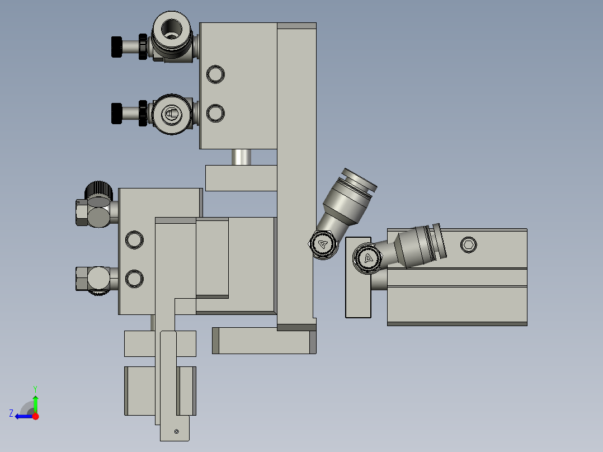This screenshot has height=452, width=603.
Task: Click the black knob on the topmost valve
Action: click(x=116, y=46)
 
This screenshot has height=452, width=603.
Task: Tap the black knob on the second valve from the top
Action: click(x=116, y=114)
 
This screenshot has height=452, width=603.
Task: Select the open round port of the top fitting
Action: click(x=172, y=29)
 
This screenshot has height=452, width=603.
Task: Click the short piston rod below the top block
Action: click(x=242, y=157)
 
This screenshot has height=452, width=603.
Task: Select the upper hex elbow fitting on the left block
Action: click(x=92, y=212)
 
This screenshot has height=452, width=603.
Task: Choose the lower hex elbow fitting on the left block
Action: click(x=92, y=278)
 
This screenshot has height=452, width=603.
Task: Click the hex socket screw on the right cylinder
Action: click(x=469, y=244)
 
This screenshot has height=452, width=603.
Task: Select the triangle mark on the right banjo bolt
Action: click(x=368, y=258)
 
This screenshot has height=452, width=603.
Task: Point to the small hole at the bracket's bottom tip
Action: click(x=176, y=431)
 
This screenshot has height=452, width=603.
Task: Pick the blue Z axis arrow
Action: click(x=22, y=416)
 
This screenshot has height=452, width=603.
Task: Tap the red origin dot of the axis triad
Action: click(x=36, y=416)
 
